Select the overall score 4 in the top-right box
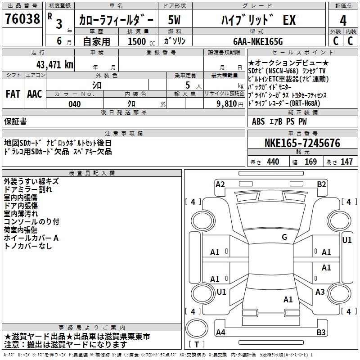pyautogui.click(x=343, y=21)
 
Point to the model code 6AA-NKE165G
pyautogui.click(x=257, y=41)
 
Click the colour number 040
pyautogui.click(x=74, y=104)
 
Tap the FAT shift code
pyautogui.click(x=13, y=94)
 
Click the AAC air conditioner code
pyautogui.click(x=35, y=94)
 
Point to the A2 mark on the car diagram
pyautogui.click(x=220, y=184)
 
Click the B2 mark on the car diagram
pyautogui.click(x=321, y=184)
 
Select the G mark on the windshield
pyautogui.click(x=284, y=237)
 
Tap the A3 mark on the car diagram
pyautogui.click(x=320, y=292)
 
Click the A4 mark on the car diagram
pyautogui.click(x=220, y=333)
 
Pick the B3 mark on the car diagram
pyautogui.click(x=321, y=333)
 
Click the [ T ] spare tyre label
pyautogui.click(x=197, y=345)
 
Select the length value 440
pyautogui.click(x=273, y=162)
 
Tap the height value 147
pyautogui.click(x=346, y=162)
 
